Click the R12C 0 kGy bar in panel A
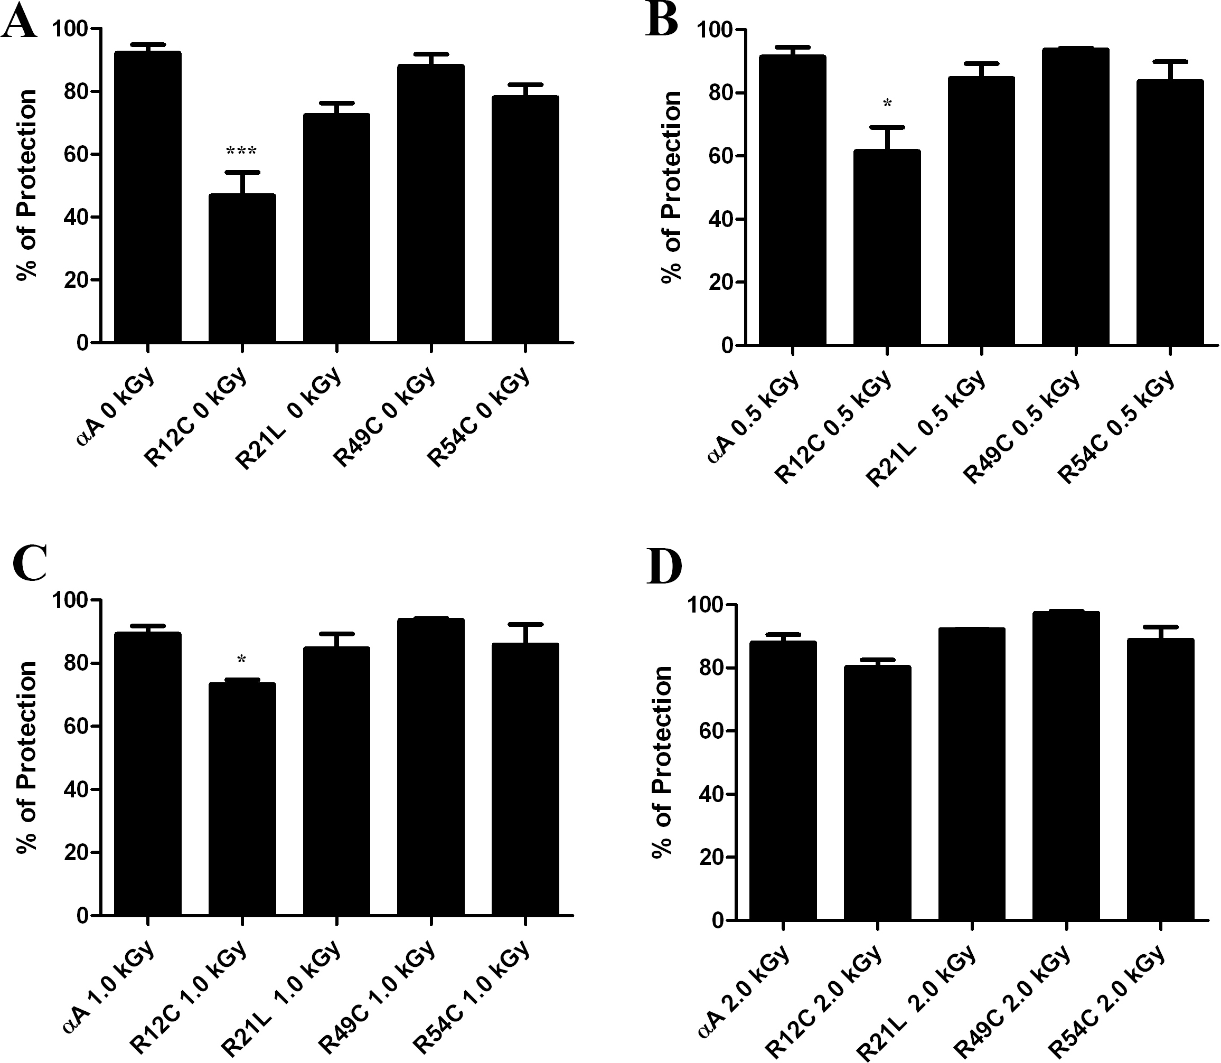point(241,268)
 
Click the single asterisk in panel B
point(887,105)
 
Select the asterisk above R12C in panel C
point(241,660)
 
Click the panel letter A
point(19,25)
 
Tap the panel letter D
point(664,568)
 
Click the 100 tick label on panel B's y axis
point(711,30)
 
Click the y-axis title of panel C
point(27,757)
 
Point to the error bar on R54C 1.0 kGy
point(525,634)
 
